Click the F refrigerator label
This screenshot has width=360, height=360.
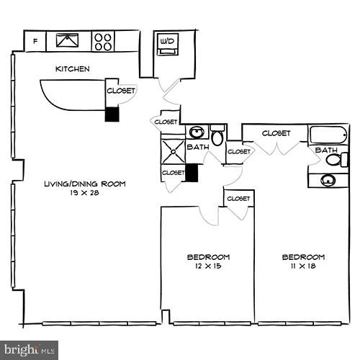(x=35, y=41)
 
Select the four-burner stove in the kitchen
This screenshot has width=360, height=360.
(x=104, y=41)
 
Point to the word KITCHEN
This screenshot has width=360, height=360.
(x=73, y=69)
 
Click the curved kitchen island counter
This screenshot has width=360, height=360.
(x=72, y=94)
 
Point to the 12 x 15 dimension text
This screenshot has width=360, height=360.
(x=208, y=266)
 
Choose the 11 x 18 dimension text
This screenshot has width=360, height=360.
(x=302, y=266)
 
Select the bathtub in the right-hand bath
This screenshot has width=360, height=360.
(x=329, y=134)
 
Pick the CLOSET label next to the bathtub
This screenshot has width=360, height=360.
(x=276, y=133)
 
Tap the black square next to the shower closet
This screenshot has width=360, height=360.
(x=192, y=173)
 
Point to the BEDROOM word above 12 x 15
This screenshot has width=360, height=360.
(x=208, y=257)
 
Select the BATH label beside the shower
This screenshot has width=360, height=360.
(x=197, y=148)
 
